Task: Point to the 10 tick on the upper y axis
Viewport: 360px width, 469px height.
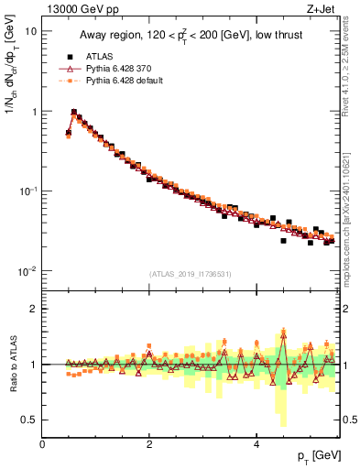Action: click(x=30, y=30)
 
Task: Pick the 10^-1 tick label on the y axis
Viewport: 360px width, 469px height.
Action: click(x=26, y=191)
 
